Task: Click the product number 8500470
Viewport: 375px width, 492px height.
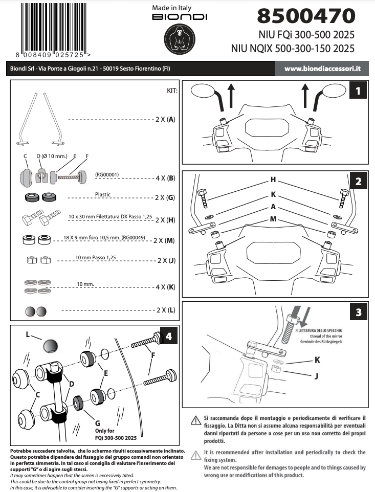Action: tap(305, 16)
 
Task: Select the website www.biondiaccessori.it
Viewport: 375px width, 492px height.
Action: tap(323, 69)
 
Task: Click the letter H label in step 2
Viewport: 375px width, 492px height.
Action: tap(273, 180)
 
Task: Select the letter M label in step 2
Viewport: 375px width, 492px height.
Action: tap(273, 219)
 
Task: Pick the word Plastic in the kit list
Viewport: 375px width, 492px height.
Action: tap(103, 194)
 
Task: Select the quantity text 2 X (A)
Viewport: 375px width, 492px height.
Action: tap(165, 120)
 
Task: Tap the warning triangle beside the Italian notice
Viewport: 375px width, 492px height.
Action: tap(195, 420)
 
